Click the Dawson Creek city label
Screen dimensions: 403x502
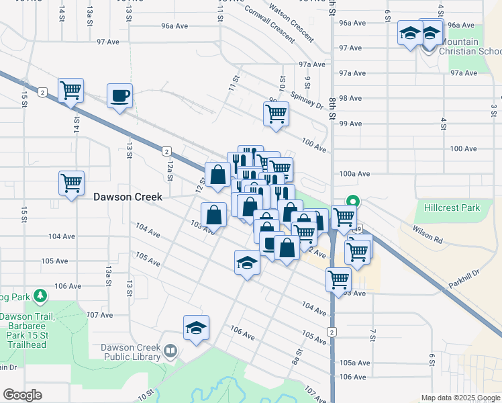[x=128, y=197]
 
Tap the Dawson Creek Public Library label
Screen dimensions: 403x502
[x=131, y=352]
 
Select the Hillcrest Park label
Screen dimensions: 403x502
[x=452, y=208]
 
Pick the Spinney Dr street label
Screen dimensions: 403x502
[x=307, y=101]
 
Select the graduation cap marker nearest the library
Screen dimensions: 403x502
[x=196, y=328]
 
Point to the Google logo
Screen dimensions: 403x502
[x=22, y=395]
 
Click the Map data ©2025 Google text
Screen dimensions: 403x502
[x=460, y=398]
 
